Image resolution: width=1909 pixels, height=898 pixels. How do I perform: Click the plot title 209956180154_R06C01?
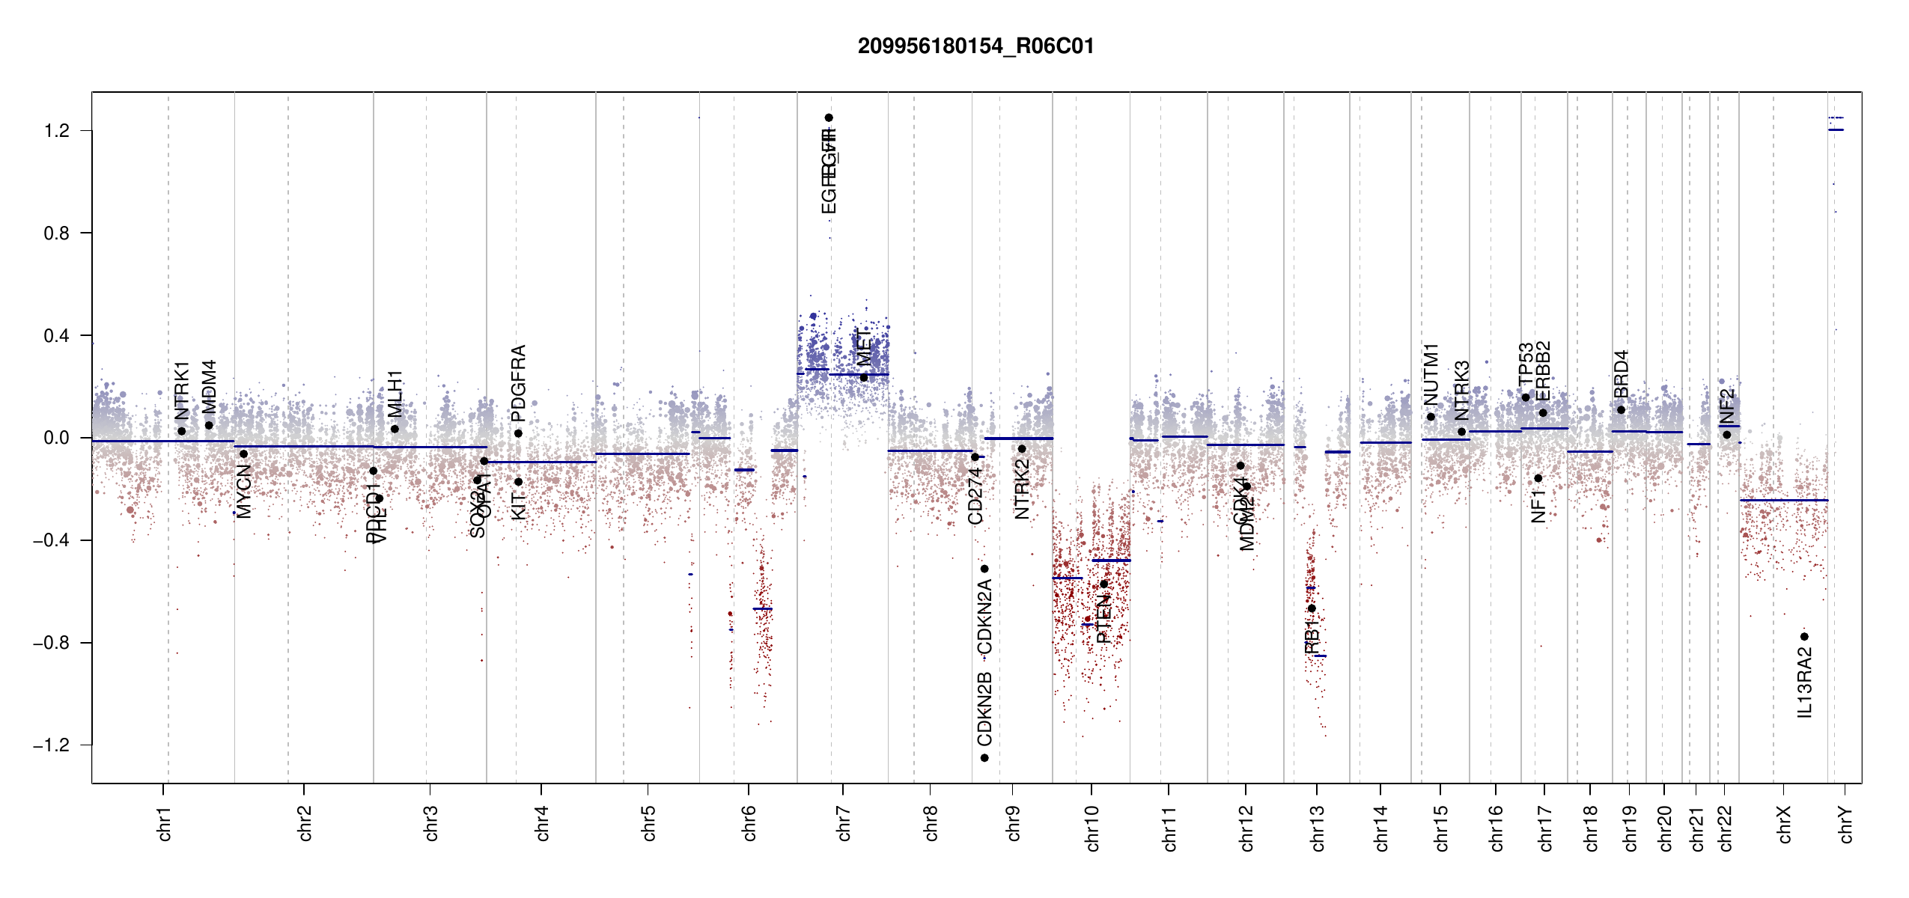(975, 46)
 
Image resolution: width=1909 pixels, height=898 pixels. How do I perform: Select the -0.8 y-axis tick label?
(52, 643)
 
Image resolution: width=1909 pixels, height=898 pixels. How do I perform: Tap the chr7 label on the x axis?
(844, 823)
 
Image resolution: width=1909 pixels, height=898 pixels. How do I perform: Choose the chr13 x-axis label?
(1317, 828)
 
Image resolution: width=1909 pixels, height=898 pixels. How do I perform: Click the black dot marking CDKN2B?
(984, 758)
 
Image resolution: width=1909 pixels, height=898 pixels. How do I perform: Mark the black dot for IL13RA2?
(1804, 637)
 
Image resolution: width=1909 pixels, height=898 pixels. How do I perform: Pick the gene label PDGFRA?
(518, 382)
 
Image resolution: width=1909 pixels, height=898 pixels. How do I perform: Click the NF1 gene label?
(1538, 507)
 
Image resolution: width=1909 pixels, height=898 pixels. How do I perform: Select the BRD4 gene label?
(1621, 374)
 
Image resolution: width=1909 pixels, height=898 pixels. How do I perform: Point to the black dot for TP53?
(1526, 397)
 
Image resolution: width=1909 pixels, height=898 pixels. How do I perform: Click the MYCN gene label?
(244, 491)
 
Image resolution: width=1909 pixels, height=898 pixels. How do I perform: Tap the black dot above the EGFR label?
(829, 117)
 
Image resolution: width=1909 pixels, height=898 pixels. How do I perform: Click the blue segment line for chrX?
(1783, 500)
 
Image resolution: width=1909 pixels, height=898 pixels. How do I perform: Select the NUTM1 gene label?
(1431, 375)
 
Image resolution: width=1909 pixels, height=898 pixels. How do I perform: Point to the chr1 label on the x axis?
(164, 823)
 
